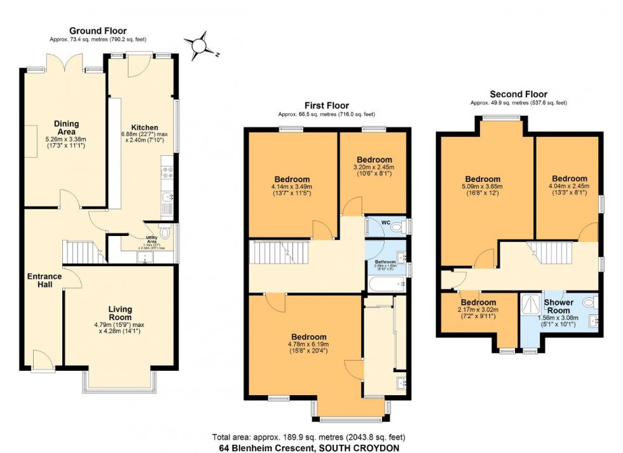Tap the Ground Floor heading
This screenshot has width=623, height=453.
(97, 31)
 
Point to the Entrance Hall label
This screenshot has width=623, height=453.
(44, 280)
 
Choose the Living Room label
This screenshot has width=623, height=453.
(120, 313)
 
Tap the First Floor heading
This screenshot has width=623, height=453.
(326, 106)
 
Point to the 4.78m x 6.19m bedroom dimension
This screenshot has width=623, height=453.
(309, 345)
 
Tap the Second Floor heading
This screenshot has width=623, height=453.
(518, 94)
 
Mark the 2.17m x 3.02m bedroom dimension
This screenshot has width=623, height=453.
(478, 310)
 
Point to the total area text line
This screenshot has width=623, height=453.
(308, 438)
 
